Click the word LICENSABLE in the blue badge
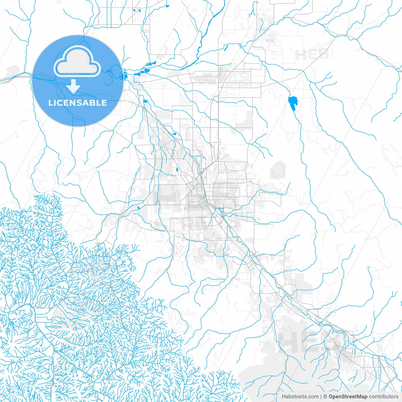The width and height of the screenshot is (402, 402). tap(78, 103)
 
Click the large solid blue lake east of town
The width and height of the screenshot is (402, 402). tap(293, 103)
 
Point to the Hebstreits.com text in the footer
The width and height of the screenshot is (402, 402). tap(300, 397)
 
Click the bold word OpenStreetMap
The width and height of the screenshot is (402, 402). tap(348, 397)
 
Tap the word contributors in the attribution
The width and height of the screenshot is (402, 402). tap(383, 397)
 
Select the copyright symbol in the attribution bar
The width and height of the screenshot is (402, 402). tap(325, 397)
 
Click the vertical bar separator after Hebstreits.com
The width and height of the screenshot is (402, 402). tap(321, 397)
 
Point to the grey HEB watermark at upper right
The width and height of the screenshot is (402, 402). tap(312, 55)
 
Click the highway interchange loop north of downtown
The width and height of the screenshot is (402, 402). tap(201, 171)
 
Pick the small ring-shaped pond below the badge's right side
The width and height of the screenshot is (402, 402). tap(145, 101)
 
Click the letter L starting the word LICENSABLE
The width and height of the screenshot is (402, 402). tap(51, 103)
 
